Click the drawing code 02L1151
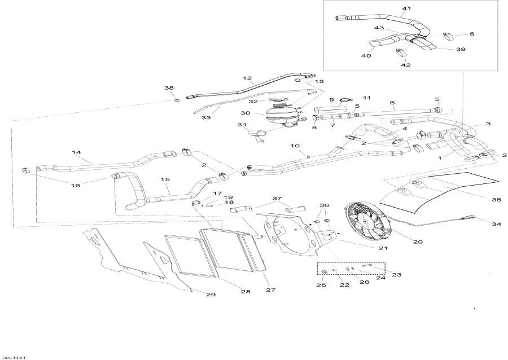[x=15, y=358]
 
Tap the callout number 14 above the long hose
[x=77, y=152]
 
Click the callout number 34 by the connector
[x=496, y=224]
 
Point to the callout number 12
[x=247, y=78]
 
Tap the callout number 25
[x=321, y=285]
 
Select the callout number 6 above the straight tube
[x=392, y=102]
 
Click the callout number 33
[x=206, y=117]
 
